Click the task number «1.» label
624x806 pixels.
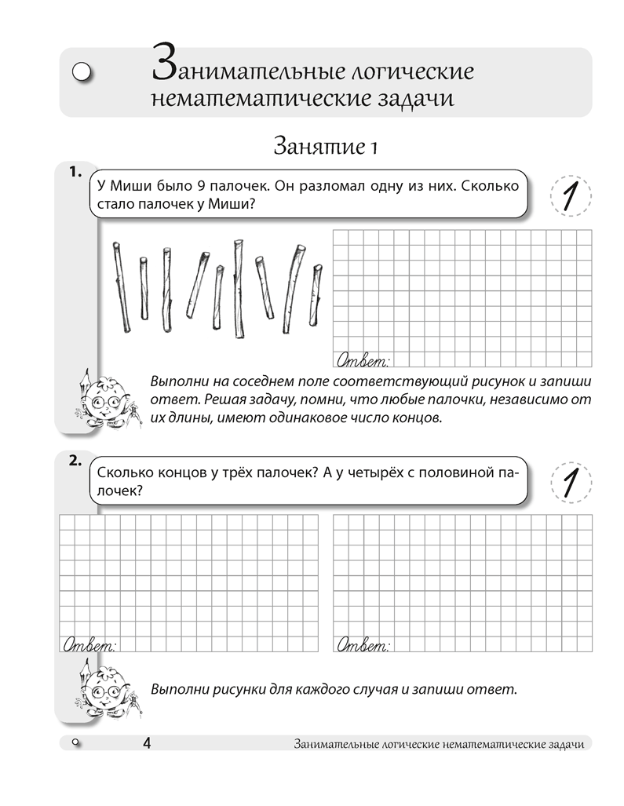[x=75, y=173]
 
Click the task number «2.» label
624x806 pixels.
[x=75, y=461]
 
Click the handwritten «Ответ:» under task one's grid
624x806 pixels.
[x=363, y=361]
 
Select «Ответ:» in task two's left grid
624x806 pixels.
[x=88, y=645]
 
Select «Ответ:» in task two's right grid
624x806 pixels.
[x=363, y=645]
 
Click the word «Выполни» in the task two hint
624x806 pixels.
[x=177, y=690]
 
